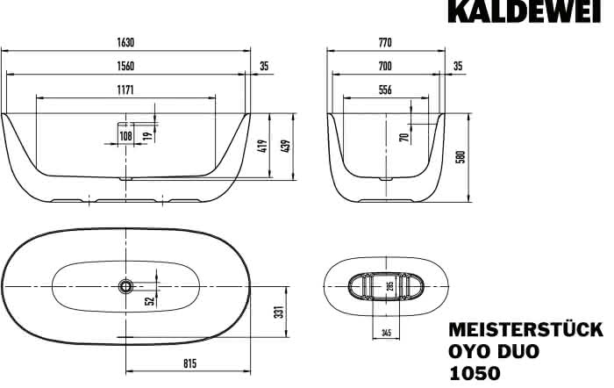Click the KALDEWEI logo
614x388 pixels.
coord(524,11)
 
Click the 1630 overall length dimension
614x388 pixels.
coord(125,42)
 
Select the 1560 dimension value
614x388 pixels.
coord(125,66)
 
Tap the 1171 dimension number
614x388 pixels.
coord(125,90)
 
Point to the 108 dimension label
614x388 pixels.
coord(125,136)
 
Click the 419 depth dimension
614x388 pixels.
coord(263,147)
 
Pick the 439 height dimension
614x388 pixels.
coord(286,147)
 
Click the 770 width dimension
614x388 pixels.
coord(385,42)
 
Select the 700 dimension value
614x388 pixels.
coord(385,66)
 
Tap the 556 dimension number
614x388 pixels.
coord(385,90)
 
